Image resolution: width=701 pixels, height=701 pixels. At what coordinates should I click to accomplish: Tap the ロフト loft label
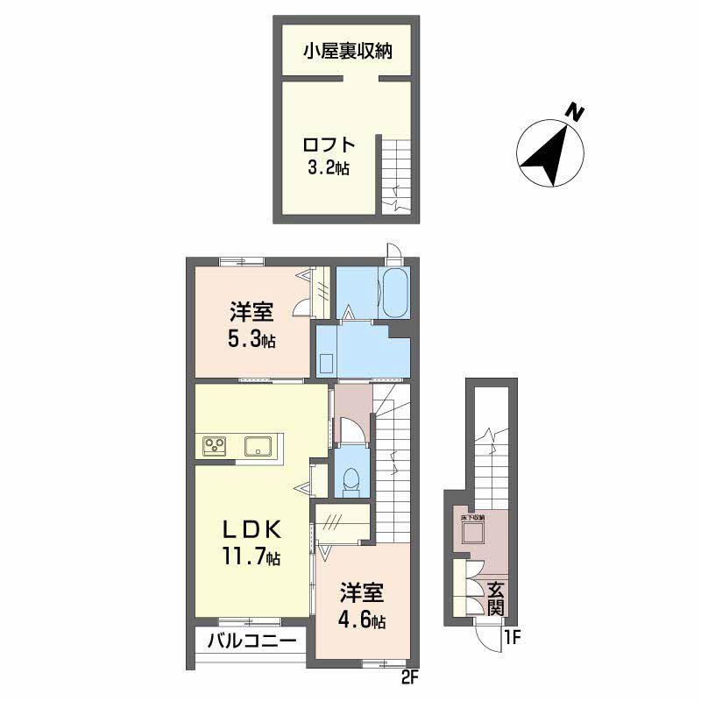[329, 145]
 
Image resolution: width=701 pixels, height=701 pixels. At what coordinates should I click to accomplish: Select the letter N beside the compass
[575, 112]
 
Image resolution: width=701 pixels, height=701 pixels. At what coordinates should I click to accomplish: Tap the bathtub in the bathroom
[393, 293]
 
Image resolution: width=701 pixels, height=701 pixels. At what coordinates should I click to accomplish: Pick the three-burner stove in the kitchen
[216, 446]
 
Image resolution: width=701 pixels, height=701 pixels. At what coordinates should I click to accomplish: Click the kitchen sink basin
[258, 445]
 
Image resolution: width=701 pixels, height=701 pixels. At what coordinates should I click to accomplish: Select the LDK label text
[250, 529]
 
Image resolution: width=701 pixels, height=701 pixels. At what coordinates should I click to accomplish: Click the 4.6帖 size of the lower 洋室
[362, 621]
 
